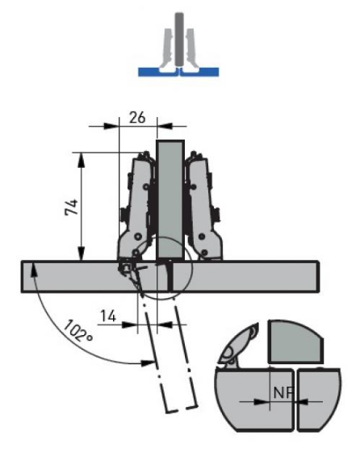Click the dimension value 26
(x=137, y=117)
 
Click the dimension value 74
(x=71, y=207)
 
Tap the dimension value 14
(x=108, y=316)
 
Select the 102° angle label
(x=77, y=331)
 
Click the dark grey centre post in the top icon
(x=179, y=39)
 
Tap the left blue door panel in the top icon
(x=157, y=72)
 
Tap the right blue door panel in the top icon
(x=200, y=72)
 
